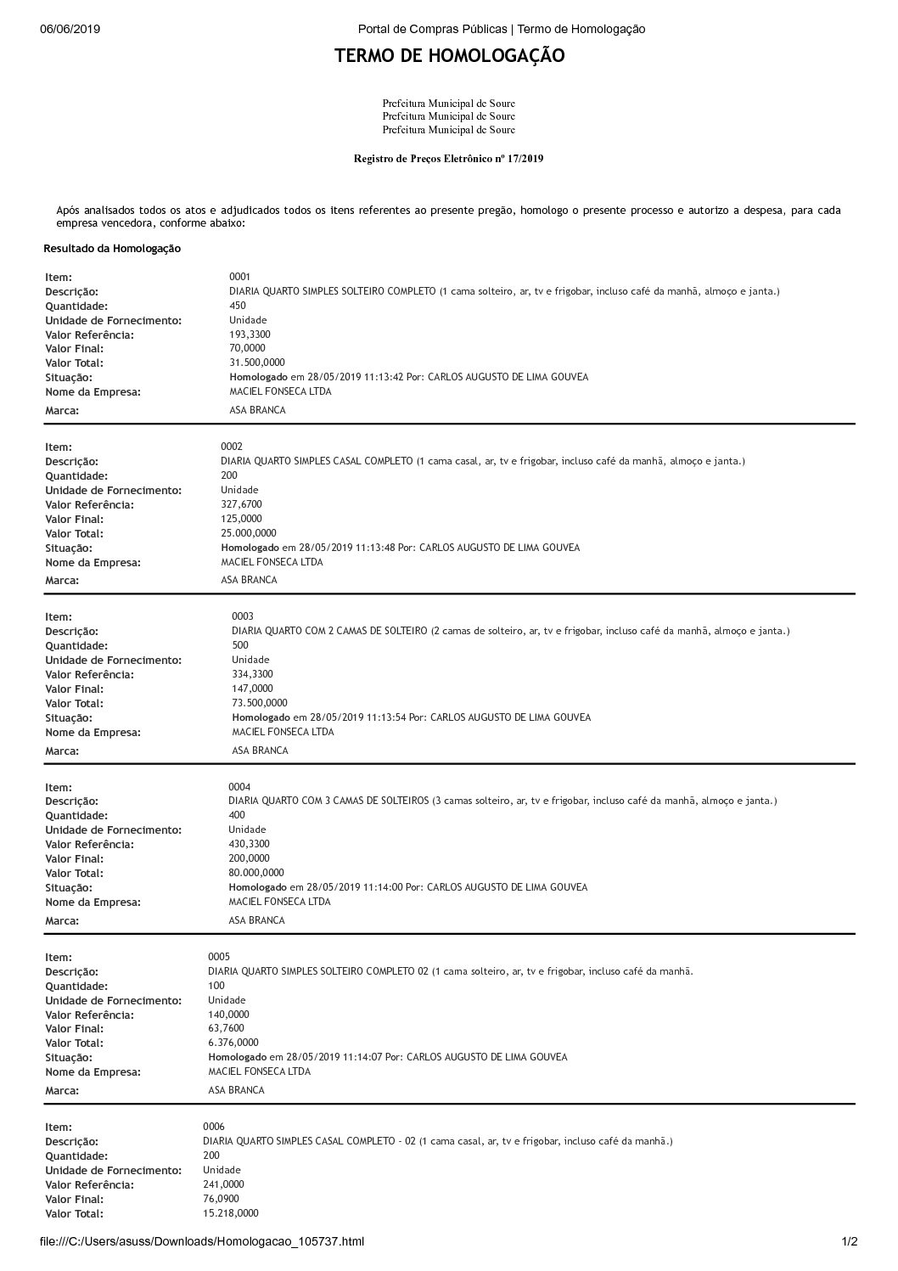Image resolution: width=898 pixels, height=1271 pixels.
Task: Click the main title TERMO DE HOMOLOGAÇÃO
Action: (449, 56)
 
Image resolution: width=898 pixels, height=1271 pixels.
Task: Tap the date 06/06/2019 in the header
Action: (70, 29)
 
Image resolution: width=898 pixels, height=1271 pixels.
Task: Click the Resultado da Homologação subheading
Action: (112, 249)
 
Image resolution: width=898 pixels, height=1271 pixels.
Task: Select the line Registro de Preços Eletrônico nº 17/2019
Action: (448, 159)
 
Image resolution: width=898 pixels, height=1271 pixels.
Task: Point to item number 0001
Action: (239, 277)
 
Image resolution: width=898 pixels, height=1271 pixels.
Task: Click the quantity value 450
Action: (238, 306)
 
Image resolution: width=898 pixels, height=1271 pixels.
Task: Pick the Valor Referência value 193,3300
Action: (247, 335)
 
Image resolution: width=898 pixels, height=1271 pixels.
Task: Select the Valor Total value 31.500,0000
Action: (257, 363)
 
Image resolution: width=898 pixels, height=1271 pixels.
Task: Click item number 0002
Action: (232, 447)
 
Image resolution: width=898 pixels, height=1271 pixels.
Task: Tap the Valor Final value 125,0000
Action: (241, 519)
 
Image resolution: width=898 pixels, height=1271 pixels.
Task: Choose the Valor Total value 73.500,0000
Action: (260, 703)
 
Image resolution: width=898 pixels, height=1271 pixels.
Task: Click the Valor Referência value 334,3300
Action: (252, 674)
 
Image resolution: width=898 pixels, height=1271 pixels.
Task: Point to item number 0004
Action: (239, 787)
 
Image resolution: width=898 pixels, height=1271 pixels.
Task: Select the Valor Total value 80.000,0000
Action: (256, 873)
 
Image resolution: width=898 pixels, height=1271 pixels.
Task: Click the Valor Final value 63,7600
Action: (226, 1028)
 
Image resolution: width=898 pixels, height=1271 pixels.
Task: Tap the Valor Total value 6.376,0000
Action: (233, 1043)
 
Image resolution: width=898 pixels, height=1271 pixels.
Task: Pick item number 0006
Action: (214, 1127)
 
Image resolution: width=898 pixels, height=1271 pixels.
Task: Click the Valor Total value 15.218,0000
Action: (231, 1213)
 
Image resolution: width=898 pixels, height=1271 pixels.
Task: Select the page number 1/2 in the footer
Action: (849, 1241)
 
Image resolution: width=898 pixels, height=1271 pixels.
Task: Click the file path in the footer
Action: (202, 1241)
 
